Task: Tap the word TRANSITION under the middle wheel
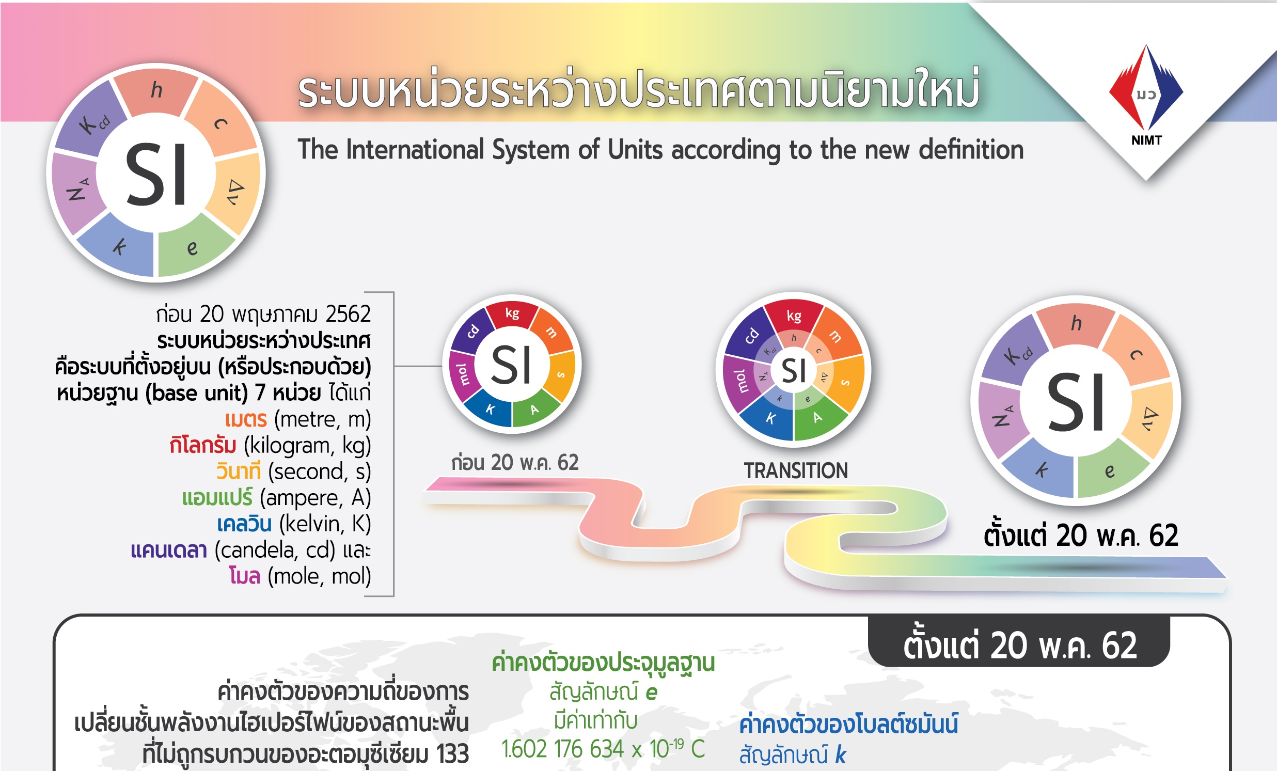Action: [x=796, y=470]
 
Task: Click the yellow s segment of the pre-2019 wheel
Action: [x=561, y=374]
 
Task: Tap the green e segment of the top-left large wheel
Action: [x=193, y=248]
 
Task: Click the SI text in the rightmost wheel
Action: [x=1076, y=402]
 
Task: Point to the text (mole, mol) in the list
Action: [x=319, y=576]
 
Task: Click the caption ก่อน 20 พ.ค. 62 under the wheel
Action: [x=515, y=462]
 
